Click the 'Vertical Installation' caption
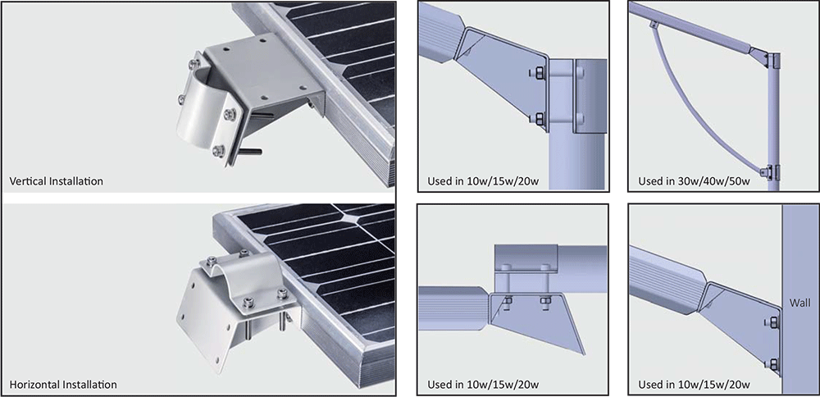coord(56,181)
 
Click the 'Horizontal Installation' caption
coord(63,385)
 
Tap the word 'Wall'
coord(800,303)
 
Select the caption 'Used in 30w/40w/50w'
coord(694,181)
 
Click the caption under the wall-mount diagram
coord(694,385)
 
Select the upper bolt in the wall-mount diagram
coord(772,324)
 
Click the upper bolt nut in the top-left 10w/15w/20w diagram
coord(538,74)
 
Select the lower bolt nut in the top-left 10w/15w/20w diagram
coord(538,119)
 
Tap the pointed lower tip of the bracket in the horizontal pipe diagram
coord(585,354)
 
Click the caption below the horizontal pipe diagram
coord(483,385)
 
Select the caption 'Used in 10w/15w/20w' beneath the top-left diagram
coord(483,181)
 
